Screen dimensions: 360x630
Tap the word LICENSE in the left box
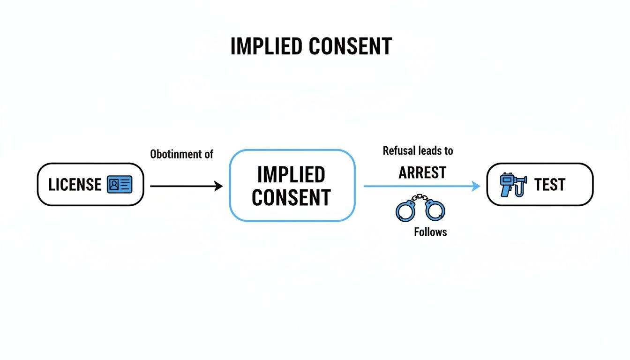tap(75, 185)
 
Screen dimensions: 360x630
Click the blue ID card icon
tap(120, 185)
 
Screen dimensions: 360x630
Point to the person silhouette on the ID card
tap(114, 185)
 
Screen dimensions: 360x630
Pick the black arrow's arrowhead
tap(218, 186)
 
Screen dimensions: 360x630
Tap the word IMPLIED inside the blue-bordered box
tap(291, 175)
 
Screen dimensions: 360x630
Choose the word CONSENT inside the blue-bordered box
tap(291, 197)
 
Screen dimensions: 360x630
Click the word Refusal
tap(398, 151)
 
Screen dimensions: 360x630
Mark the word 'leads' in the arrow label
tap(429, 151)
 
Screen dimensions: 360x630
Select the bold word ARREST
tap(422, 172)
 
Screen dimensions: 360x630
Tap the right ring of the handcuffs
tap(435, 210)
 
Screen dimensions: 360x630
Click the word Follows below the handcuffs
tap(430, 232)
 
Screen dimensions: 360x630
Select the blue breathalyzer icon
tap(513, 185)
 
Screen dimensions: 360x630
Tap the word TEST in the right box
tap(550, 185)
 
